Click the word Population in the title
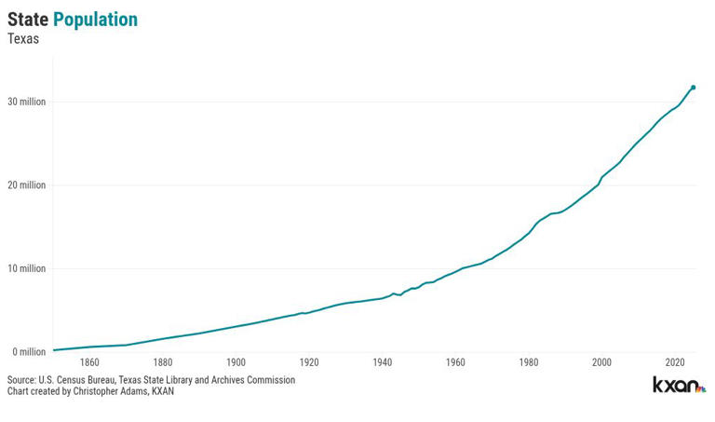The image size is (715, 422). point(95,20)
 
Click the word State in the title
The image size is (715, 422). point(28,20)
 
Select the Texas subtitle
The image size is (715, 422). point(23,39)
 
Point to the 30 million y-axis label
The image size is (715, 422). point(26,102)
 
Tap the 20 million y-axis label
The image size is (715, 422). point(26,185)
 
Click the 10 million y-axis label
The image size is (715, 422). point(26,268)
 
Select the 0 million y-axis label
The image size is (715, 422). point(29,352)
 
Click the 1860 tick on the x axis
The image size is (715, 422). point(89,362)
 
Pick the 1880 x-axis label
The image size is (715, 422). point(163,362)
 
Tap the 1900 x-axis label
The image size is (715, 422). point(236,362)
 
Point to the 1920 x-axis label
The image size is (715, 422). point(309,362)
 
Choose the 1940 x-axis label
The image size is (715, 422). point(383,362)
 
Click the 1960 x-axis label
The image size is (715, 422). point(455,362)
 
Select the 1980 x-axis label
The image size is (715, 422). point(529,362)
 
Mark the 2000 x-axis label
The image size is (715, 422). point(602,362)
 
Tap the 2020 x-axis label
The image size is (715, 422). point(675,362)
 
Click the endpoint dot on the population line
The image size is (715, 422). point(694,88)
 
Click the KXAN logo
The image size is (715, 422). point(679,385)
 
